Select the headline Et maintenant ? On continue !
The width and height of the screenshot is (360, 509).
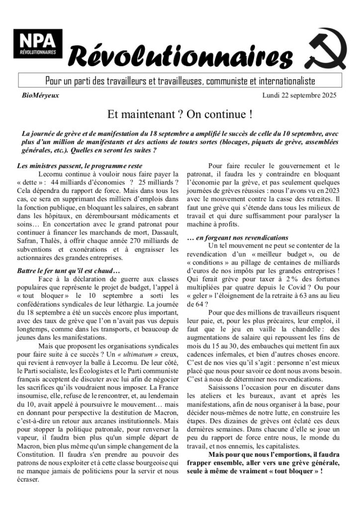tap(180, 114)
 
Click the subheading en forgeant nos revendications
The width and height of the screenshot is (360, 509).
tap(238, 238)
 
